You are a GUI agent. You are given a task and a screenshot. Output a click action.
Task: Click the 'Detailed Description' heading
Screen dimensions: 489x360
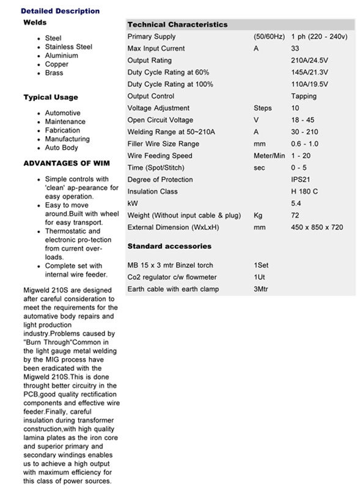(60, 11)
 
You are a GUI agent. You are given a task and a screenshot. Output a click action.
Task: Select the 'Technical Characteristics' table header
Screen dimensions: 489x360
(177, 24)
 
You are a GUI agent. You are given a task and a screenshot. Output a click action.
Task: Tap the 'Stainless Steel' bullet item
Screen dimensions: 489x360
(68, 46)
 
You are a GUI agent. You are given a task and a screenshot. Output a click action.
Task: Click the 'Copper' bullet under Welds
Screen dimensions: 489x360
(57, 64)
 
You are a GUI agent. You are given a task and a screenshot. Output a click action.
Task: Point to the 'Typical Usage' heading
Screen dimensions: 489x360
(51, 97)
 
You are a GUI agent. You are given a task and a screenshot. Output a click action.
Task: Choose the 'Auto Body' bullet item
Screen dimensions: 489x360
(62, 147)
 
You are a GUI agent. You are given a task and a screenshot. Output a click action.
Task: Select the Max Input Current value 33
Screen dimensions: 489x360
(295, 48)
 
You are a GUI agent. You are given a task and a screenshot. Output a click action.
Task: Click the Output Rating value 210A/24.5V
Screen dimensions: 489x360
(309, 61)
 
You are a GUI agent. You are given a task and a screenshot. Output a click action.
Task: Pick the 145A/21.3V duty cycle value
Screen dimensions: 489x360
(309, 72)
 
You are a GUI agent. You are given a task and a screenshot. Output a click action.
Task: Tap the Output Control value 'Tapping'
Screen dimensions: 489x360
(304, 96)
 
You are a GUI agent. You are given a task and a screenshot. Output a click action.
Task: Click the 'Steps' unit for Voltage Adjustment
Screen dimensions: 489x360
(263, 108)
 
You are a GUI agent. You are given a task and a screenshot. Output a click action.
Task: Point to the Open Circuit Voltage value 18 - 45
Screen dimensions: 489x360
(303, 120)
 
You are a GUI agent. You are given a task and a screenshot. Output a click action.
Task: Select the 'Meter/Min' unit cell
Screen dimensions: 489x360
(270, 156)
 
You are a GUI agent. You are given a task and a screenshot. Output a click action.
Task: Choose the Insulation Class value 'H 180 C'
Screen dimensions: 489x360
(304, 191)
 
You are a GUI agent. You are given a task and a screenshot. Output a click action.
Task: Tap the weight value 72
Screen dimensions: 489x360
(295, 215)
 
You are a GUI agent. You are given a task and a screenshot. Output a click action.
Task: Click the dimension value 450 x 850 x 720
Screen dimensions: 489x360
(317, 227)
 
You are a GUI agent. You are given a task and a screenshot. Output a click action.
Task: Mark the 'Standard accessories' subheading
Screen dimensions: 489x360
(169, 246)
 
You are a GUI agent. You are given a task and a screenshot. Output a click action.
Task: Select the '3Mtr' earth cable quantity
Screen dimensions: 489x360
(261, 289)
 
